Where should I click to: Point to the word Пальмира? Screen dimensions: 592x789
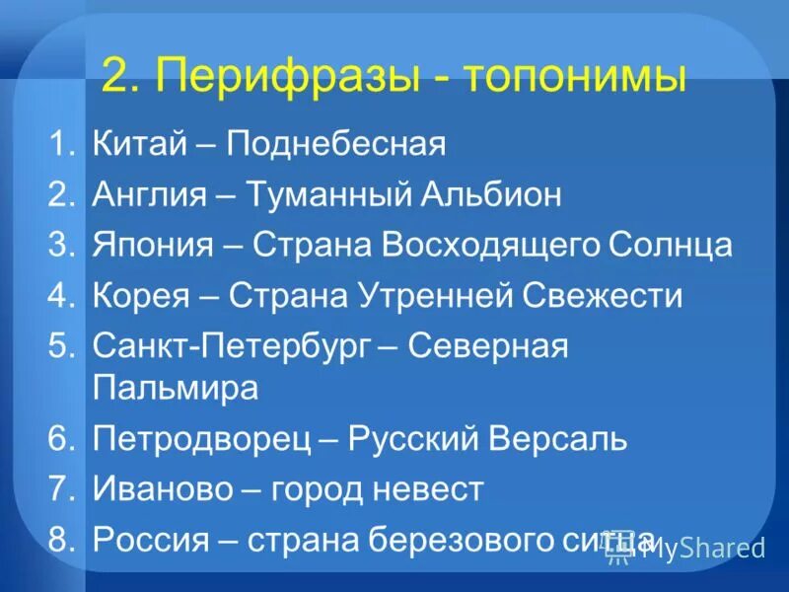click(x=176, y=387)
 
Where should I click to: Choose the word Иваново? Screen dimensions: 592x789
click(x=163, y=488)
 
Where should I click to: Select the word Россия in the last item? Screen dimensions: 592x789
click(x=152, y=539)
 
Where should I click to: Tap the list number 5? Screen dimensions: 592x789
click(x=61, y=346)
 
